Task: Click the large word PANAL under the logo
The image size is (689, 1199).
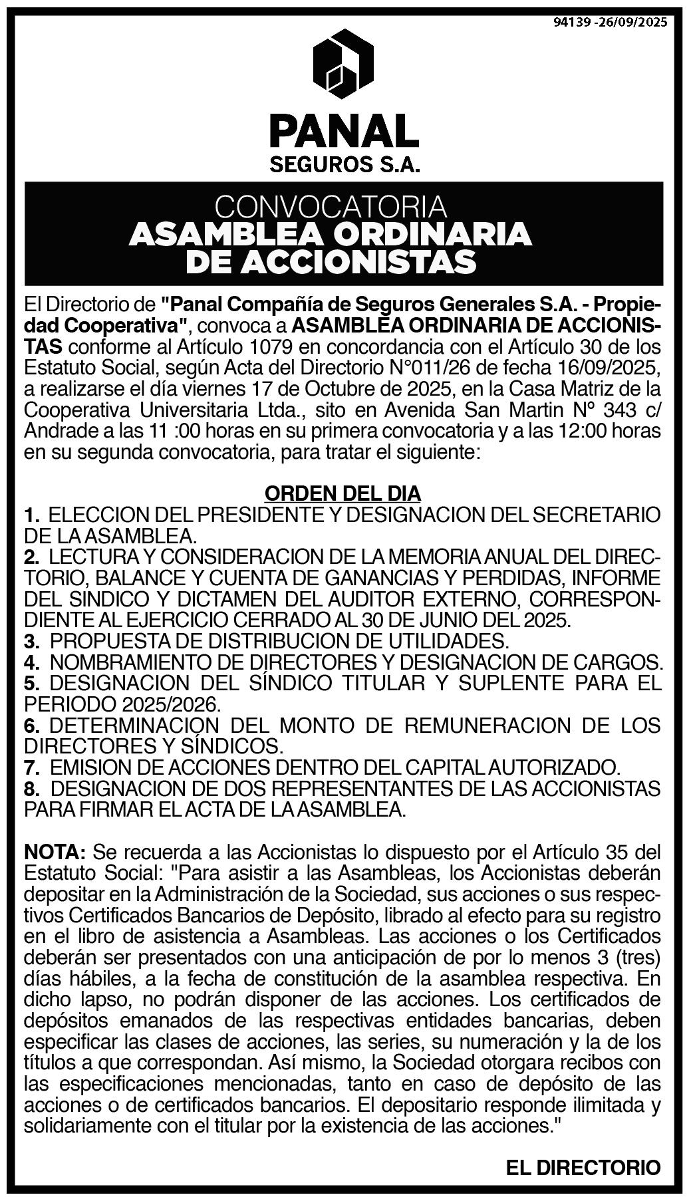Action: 344,131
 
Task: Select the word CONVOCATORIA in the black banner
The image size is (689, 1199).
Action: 331,207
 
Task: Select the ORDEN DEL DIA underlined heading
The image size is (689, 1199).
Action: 343,493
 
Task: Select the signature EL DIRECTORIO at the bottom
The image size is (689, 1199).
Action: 583,1167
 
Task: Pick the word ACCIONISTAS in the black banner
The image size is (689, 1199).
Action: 359,263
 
